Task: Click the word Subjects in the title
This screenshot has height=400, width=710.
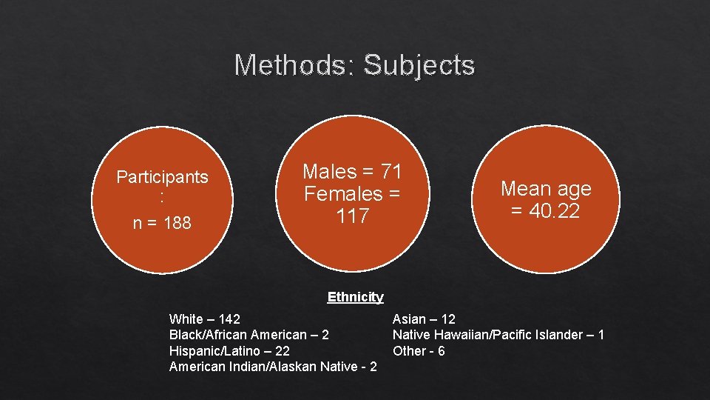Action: [x=419, y=65]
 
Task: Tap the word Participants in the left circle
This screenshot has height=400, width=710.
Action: [x=162, y=177]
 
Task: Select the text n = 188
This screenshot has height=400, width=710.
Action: [x=161, y=223]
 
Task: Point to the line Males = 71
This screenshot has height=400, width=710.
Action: [x=352, y=172]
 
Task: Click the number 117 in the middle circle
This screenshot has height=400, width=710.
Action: [x=352, y=216]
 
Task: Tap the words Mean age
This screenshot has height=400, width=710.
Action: [x=546, y=189]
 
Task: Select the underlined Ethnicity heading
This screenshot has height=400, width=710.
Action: [x=355, y=297]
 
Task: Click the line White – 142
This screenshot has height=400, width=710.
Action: [x=205, y=319]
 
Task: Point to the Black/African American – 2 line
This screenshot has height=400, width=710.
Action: [x=249, y=335]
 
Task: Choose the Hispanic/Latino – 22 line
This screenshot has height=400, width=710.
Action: [x=229, y=350]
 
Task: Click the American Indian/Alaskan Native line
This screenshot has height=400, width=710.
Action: [x=273, y=366]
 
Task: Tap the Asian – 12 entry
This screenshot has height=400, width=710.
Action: [x=424, y=319]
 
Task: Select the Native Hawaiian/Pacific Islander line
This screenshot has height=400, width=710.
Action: [x=498, y=335]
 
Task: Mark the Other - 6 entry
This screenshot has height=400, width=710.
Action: [x=419, y=350]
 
